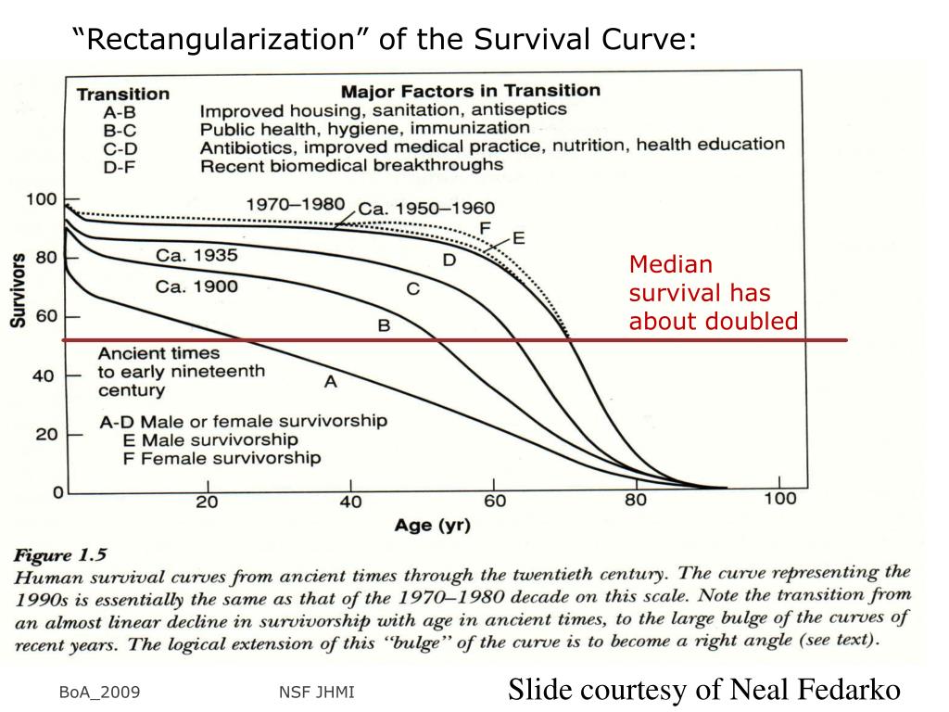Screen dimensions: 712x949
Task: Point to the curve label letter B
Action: click(383, 326)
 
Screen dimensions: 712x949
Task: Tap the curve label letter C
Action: click(413, 289)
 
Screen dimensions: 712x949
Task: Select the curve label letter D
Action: click(449, 261)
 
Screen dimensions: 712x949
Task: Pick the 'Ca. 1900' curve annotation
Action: click(196, 286)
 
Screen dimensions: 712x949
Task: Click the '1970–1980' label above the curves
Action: click(295, 204)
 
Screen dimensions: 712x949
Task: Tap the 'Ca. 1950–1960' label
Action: click(426, 209)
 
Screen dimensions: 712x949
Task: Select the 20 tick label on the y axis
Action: click(46, 434)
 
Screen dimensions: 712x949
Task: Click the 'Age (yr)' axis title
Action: click(432, 526)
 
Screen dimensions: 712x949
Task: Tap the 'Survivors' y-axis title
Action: click(18, 289)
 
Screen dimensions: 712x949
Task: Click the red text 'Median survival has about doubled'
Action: click(713, 293)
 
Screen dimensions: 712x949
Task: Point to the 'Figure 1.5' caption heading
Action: click(59, 555)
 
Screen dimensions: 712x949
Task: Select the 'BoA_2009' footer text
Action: click(99, 693)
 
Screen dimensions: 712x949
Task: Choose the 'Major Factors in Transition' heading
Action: click(470, 91)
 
